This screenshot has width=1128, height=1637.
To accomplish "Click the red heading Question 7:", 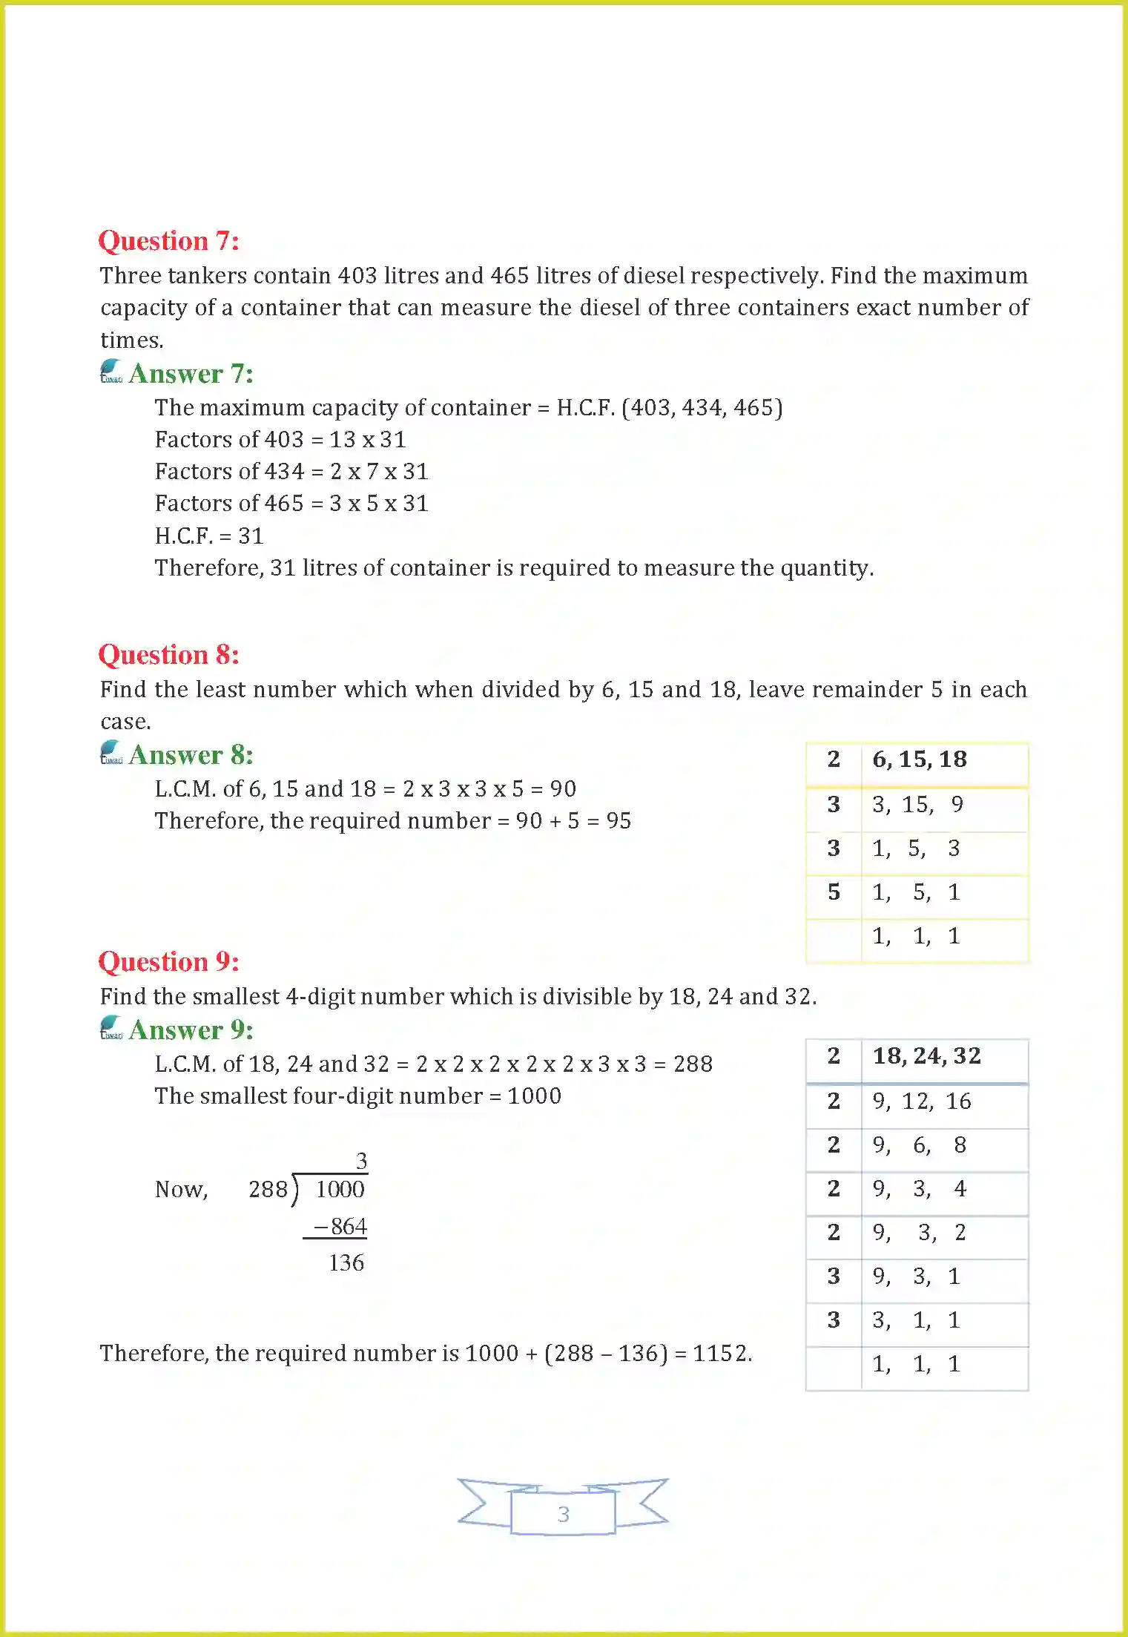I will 168,241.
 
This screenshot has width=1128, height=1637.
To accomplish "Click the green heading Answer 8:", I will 191,755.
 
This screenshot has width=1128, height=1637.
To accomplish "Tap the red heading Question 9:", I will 168,962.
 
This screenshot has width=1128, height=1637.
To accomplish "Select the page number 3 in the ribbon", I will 563,1514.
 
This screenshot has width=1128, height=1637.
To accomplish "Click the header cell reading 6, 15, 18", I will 919,760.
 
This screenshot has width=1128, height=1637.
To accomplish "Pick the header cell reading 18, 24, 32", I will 926,1056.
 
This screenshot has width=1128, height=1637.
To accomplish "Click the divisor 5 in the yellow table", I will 834,892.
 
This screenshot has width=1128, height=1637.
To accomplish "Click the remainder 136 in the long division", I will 346,1262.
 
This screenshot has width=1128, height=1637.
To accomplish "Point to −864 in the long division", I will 340,1227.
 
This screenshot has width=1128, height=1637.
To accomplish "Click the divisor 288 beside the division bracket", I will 268,1190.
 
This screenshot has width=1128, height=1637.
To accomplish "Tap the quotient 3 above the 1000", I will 361,1161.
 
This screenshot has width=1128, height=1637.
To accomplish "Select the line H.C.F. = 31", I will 209,536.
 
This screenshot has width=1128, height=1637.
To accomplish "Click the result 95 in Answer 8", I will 619,821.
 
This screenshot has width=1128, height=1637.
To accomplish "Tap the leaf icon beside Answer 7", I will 111,371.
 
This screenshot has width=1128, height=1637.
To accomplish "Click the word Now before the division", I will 180,1190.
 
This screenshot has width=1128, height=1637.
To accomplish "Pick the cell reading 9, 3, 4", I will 919,1189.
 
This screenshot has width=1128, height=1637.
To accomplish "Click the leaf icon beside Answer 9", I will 111,1027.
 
